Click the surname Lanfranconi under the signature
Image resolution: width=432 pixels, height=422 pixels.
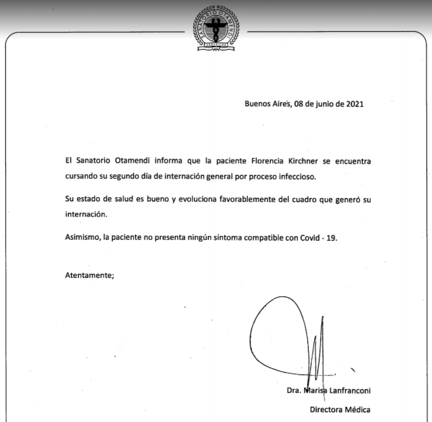tap(346, 390)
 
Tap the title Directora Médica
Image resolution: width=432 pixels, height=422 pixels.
tap(340, 410)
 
